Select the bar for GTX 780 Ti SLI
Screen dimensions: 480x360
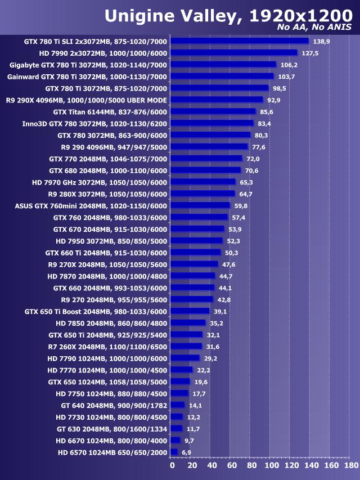[240, 41]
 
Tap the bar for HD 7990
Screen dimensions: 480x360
[234, 53]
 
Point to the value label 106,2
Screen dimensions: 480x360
[289, 65]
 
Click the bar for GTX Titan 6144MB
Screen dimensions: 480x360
[213, 111]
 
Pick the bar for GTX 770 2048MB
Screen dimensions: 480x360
[206, 159]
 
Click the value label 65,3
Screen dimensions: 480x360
[246, 182]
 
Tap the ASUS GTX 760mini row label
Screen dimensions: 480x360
[91, 205]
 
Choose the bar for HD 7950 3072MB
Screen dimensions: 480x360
[197, 241]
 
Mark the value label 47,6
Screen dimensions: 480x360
[228, 264]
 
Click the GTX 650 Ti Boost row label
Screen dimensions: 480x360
[96, 311]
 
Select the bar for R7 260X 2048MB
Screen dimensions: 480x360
[186, 347]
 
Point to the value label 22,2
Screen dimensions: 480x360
[203, 370]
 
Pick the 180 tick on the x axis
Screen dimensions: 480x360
[350, 466]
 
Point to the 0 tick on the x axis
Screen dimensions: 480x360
[172, 466]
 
